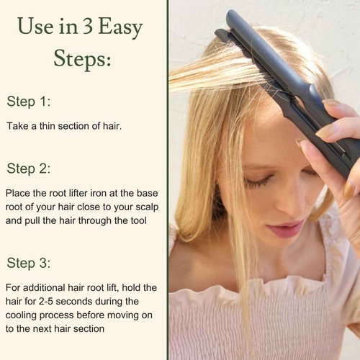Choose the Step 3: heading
pos(28,263)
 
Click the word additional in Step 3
pos(49,287)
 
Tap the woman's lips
pos(286,229)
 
